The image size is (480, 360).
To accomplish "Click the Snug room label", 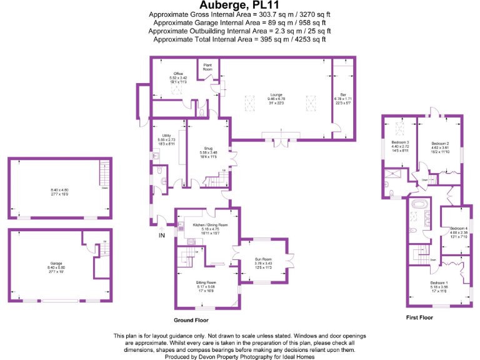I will tap(208, 148).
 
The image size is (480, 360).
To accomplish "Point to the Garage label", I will tap(57, 263).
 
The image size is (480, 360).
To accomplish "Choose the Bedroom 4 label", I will tap(458, 228).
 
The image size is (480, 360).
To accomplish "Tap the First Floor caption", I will tap(418, 317).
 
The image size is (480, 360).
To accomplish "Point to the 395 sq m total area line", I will tap(240, 39).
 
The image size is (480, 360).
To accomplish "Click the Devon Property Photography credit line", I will tap(240, 357).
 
